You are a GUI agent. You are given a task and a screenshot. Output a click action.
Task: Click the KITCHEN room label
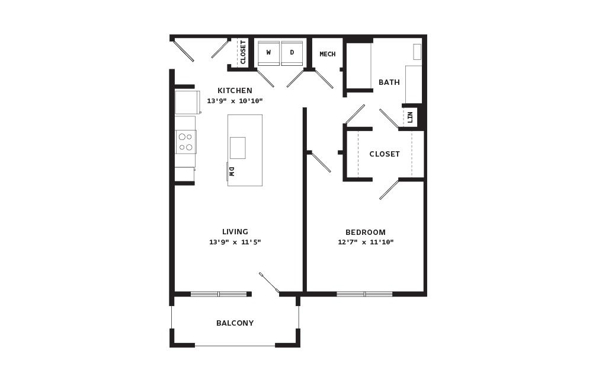(235, 91)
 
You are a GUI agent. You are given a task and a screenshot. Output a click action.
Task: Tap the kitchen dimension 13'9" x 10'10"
(235, 101)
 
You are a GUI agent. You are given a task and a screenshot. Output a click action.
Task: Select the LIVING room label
(235, 232)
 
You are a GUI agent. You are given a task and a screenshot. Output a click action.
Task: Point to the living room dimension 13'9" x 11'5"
(235, 242)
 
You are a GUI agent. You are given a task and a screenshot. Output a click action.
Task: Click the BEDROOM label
(366, 232)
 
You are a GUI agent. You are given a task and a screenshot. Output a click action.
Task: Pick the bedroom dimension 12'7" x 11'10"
(366, 242)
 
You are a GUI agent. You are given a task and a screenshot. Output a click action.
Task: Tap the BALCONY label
(235, 323)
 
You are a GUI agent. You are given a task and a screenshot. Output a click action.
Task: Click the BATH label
(389, 82)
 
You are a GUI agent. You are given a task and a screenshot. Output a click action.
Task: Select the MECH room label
(328, 54)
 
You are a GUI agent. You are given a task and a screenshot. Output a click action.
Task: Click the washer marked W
(268, 53)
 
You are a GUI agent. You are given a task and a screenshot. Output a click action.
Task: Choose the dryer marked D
(292, 53)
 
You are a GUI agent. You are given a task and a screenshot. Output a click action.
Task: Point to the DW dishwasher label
(232, 171)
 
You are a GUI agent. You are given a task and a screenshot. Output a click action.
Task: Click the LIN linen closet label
(410, 117)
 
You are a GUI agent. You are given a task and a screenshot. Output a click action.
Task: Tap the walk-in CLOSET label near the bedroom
(385, 154)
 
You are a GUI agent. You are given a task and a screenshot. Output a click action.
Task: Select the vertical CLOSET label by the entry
(243, 52)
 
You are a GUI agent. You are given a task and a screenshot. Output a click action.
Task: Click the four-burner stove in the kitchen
(186, 142)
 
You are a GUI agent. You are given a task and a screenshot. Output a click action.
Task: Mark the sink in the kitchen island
(238, 148)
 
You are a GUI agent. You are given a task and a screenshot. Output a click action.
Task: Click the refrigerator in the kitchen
(188, 102)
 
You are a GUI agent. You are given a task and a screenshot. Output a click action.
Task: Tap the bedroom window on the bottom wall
(365, 294)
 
